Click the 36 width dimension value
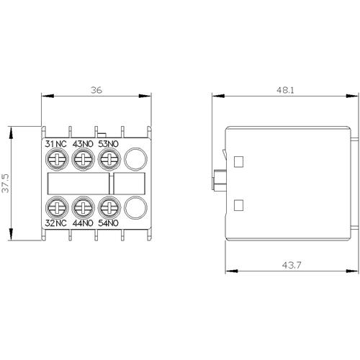point(96,90)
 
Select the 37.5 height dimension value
point(5,184)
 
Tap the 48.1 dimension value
point(285,90)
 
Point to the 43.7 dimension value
point(292,266)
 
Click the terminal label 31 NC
point(56,144)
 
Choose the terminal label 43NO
point(83,144)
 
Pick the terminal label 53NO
point(109,144)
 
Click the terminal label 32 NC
point(56,223)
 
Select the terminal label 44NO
point(83,223)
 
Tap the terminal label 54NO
point(109,223)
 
